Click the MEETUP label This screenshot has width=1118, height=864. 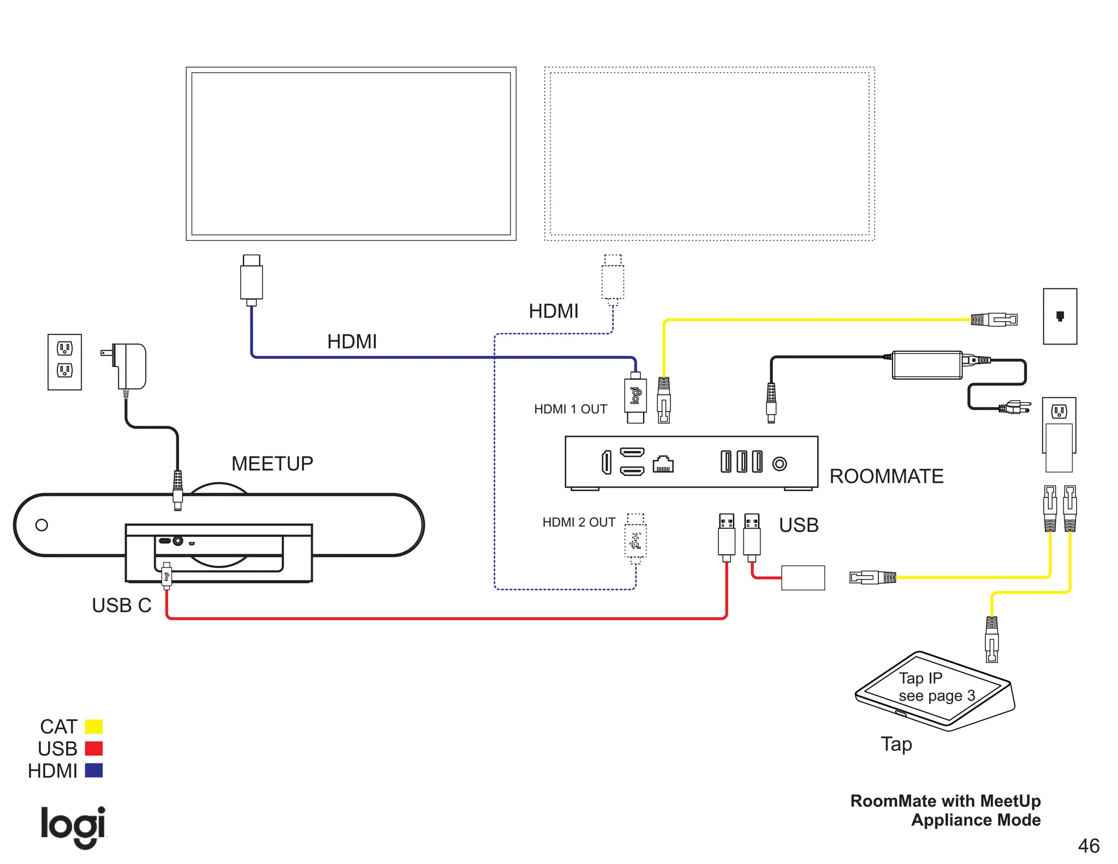(x=272, y=464)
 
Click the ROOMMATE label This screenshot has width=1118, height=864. (x=886, y=476)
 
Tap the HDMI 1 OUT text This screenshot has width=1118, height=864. (x=570, y=409)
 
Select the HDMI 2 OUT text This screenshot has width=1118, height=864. (x=578, y=522)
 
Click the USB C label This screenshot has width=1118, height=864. (x=121, y=605)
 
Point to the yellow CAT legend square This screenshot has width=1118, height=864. (x=94, y=726)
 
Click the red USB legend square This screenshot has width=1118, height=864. (x=94, y=748)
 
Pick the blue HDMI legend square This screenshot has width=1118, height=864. (x=94, y=771)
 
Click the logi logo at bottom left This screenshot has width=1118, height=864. (x=73, y=827)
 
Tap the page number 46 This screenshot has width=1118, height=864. (x=1088, y=846)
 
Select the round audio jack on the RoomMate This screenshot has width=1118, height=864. (x=780, y=464)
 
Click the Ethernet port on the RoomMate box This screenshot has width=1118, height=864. (x=663, y=464)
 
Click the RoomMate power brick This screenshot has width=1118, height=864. (x=927, y=365)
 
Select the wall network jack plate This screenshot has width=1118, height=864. (x=1060, y=316)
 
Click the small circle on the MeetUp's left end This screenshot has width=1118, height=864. (x=41, y=525)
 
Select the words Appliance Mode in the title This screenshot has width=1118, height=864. (x=976, y=820)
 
